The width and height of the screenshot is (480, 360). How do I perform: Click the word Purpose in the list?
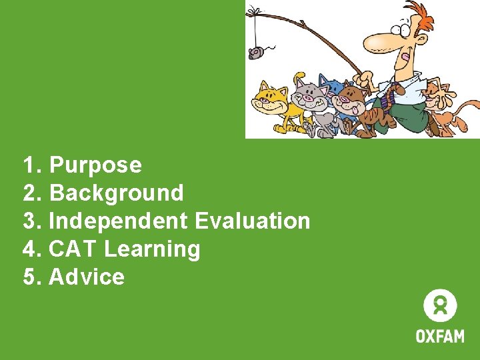click(95, 165)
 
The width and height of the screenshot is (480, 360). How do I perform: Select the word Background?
click(117, 193)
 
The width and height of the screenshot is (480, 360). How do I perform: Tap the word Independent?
click(119, 221)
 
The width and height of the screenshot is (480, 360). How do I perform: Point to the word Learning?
click(152, 249)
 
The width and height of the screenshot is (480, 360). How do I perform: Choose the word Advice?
click(87, 277)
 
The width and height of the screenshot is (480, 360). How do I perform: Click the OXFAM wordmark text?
click(440, 335)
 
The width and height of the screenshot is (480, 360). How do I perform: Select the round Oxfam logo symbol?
click(440, 306)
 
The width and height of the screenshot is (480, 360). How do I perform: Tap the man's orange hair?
click(419, 15)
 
